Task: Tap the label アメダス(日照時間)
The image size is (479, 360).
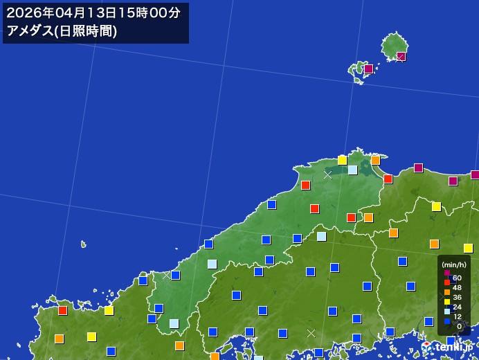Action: (62, 30)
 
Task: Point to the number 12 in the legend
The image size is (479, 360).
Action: (458, 316)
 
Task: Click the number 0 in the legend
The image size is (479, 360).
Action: (459, 326)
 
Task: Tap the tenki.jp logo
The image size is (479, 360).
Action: (449, 345)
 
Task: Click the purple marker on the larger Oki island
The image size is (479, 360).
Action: (401, 57)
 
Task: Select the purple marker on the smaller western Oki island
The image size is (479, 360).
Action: (369, 69)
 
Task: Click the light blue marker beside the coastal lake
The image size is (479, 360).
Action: (353, 170)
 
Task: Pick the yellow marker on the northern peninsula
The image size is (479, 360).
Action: (342, 160)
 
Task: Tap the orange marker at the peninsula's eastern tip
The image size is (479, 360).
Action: (375, 160)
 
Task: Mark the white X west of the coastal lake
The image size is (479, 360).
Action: (327, 175)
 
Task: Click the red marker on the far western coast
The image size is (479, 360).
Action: (63, 310)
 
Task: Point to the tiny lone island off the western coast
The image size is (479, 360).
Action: (84, 244)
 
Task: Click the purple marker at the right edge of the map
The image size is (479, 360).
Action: (475, 175)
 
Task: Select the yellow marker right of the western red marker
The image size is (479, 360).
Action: (109, 310)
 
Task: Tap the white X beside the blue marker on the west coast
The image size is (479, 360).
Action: (166, 276)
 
